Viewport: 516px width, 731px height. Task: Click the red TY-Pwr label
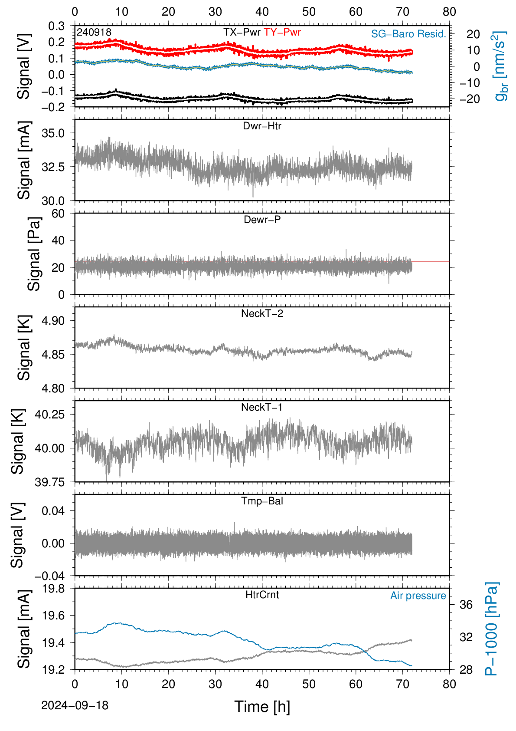point(282,32)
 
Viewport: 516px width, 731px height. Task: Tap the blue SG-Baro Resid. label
point(408,34)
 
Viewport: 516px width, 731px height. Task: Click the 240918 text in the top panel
point(94,32)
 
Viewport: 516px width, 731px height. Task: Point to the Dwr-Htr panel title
point(262,125)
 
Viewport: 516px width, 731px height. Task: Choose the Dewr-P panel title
point(262,219)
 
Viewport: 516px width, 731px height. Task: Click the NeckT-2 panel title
point(262,313)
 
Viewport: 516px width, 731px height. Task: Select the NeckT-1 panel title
point(261,407)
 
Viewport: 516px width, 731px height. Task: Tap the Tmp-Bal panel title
point(262,501)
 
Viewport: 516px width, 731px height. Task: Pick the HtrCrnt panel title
point(262,595)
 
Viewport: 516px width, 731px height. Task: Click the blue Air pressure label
point(418,596)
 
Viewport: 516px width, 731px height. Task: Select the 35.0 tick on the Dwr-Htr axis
point(53,133)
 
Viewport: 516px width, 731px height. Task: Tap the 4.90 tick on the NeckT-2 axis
point(53,320)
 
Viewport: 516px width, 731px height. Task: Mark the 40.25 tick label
point(50,415)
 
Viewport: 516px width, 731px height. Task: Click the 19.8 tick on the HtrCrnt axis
point(53,588)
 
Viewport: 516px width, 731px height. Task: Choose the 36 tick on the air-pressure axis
point(466,605)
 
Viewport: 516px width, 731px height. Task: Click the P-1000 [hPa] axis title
point(492,629)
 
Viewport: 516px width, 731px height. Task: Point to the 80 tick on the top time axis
point(449,12)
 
